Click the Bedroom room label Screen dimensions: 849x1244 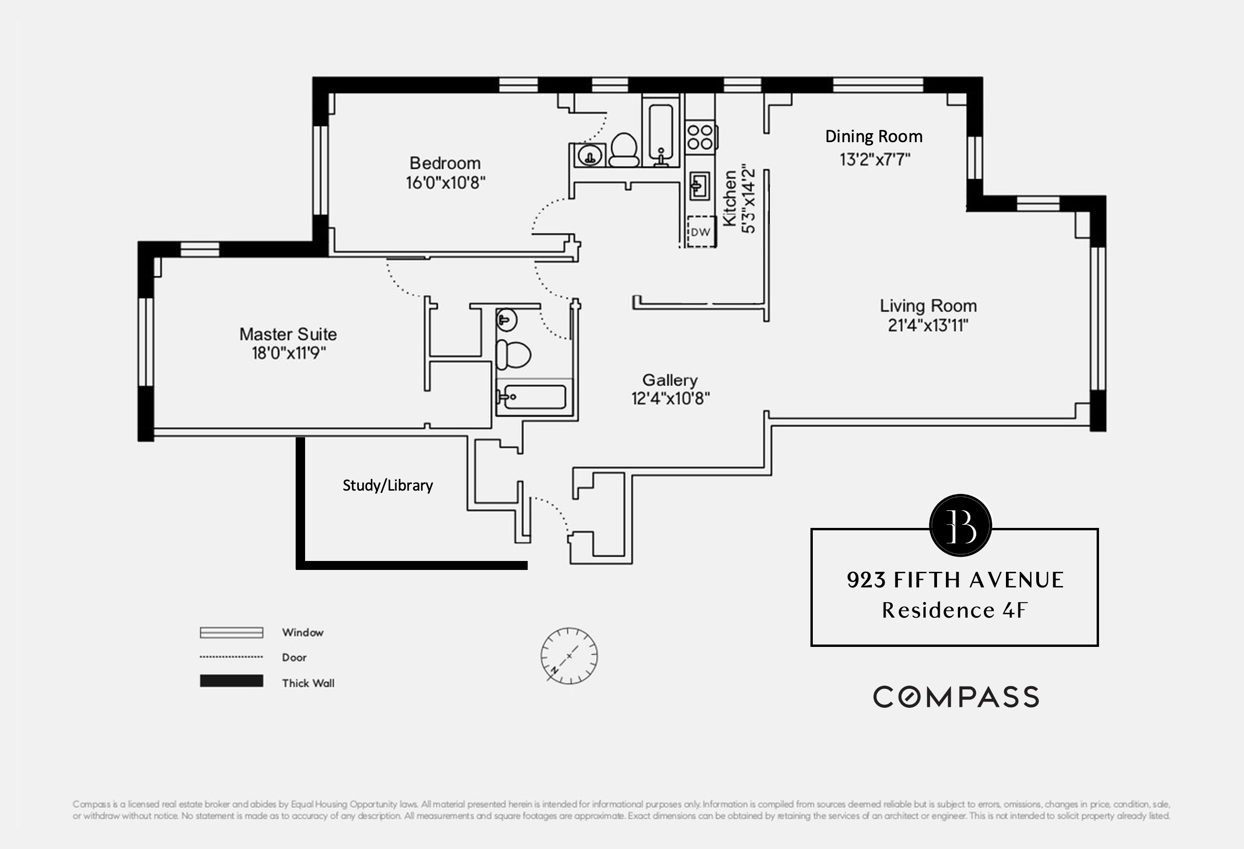(445, 163)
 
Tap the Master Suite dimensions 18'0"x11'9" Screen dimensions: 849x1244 (289, 353)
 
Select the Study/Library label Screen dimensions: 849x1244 (388, 485)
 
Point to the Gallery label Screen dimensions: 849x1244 (670, 380)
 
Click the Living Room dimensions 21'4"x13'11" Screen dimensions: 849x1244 (928, 325)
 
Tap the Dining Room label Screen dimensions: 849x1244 (874, 136)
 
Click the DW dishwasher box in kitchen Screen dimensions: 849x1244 (701, 232)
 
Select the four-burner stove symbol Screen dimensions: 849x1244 (700, 136)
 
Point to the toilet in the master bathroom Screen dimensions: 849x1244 (513, 354)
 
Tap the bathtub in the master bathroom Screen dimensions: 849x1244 (533, 397)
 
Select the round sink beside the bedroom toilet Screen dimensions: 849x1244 (590, 156)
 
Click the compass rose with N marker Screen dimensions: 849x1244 (569, 656)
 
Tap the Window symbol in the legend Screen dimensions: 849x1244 (231, 633)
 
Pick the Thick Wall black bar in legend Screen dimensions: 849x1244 (231, 681)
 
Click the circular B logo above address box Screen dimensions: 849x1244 (960, 525)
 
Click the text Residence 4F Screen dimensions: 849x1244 (954, 610)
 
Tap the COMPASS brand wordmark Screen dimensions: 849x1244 (956, 697)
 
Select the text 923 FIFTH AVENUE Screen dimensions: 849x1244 (955, 580)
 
